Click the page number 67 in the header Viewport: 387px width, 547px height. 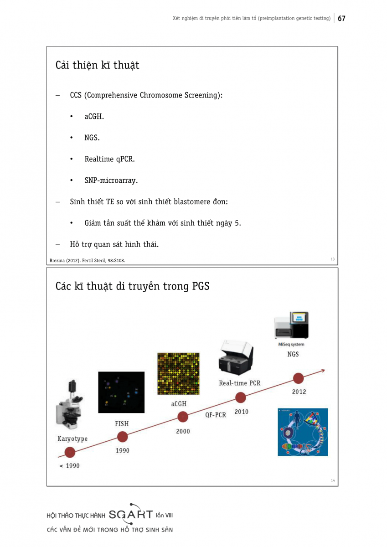[x=341, y=18]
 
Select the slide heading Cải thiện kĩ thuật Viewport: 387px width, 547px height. [x=97, y=65]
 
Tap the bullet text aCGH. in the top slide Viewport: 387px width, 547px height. [x=94, y=117]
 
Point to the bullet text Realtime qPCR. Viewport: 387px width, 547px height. [x=109, y=159]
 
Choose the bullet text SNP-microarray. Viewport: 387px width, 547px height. [x=111, y=181]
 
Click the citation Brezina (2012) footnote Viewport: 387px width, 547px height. [x=87, y=261]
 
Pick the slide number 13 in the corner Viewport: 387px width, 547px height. [x=332, y=259]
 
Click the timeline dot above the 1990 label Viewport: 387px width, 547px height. [x=122, y=437]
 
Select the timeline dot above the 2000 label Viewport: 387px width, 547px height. [x=183, y=417]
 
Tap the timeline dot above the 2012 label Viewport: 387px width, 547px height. [x=299, y=378]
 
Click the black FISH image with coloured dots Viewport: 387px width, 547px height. [x=121, y=392]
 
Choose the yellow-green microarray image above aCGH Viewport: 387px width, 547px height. [x=178, y=373]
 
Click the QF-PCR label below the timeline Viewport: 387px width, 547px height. [x=215, y=415]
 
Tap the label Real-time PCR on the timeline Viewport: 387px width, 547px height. [x=240, y=383]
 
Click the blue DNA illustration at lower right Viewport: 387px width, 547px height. [x=303, y=432]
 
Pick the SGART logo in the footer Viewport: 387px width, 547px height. [x=131, y=515]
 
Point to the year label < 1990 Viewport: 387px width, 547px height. [x=69, y=466]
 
